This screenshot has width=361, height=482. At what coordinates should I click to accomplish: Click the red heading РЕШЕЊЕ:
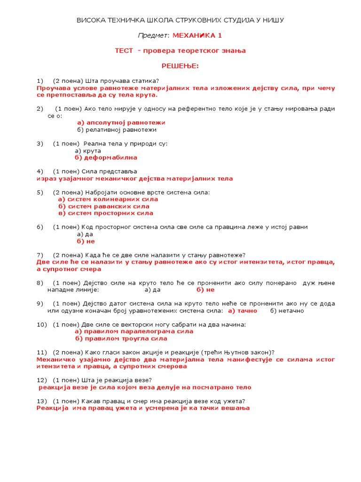click(180, 66)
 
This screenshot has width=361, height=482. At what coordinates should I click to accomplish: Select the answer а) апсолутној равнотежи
click(121, 122)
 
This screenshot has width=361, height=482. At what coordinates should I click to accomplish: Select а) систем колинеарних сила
click(108, 199)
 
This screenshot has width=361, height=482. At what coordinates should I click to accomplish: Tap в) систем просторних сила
click(106, 213)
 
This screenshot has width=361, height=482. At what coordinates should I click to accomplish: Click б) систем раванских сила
click(104, 206)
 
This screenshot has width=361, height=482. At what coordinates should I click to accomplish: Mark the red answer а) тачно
click(243, 311)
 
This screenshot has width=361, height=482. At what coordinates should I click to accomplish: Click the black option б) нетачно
click(287, 311)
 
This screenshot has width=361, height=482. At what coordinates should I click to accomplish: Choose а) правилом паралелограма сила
click(134, 331)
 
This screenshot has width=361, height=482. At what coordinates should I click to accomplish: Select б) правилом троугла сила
click(121, 338)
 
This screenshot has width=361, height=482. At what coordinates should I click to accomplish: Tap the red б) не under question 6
click(86, 241)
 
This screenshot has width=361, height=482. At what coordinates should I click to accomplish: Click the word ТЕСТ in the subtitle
click(124, 50)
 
